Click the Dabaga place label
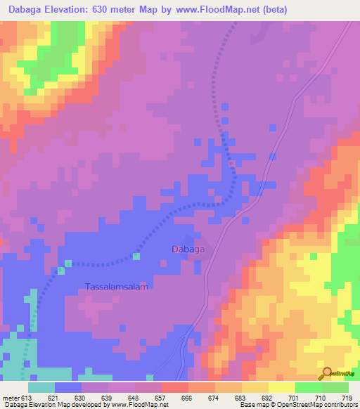pos(188,249)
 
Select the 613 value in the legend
pos(27,398)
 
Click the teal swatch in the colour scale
pos(41,387)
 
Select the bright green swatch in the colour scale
pos(309,387)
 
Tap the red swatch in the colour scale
pos(175,387)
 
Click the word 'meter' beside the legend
pos(11,398)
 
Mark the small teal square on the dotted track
pos(68,264)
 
